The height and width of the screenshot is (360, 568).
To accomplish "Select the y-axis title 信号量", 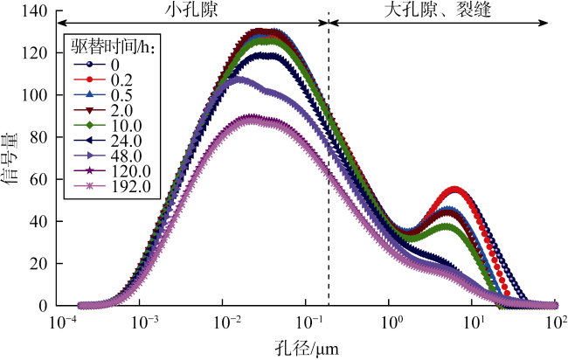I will pyautogui.click(x=12, y=159).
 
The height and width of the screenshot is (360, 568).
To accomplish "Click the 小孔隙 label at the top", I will pyautogui.click(x=191, y=10).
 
